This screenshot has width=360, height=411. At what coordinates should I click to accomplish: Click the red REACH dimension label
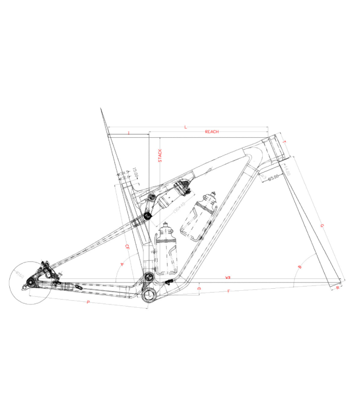coord(212,132)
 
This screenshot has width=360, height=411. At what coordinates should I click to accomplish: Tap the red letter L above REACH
coord(185,126)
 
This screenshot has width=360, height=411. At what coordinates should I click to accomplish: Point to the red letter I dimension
coord(129,133)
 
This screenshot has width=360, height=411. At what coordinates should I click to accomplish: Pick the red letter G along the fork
coord(322,226)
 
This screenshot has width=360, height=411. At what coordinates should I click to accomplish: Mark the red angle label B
coord(300,267)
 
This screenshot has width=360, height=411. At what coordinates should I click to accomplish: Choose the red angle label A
coord(122,264)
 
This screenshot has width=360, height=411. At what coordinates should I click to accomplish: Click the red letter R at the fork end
coord(337,288)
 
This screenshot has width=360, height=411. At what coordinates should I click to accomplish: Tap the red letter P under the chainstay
coord(88,303)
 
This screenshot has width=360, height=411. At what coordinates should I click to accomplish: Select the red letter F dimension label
coord(228,292)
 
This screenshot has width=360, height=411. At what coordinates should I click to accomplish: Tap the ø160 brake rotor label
coord(20,276)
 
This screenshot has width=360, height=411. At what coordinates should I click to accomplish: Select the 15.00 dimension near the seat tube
coord(135,172)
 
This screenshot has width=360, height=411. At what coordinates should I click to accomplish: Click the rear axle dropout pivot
coord(31,282)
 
